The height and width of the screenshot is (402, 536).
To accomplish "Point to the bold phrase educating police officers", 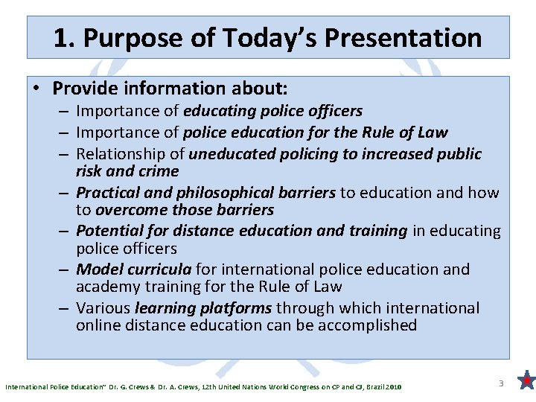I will [x=272, y=111].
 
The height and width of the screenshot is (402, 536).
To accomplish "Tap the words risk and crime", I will [x=127, y=170].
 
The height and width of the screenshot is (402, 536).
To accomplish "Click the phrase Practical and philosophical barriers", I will [x=205, y=193].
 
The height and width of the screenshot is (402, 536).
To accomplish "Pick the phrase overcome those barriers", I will [x=185, y=210].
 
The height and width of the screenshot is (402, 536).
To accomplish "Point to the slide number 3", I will [x=501, y=383].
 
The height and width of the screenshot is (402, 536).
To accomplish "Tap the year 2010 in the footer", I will [x=394, y=387].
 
